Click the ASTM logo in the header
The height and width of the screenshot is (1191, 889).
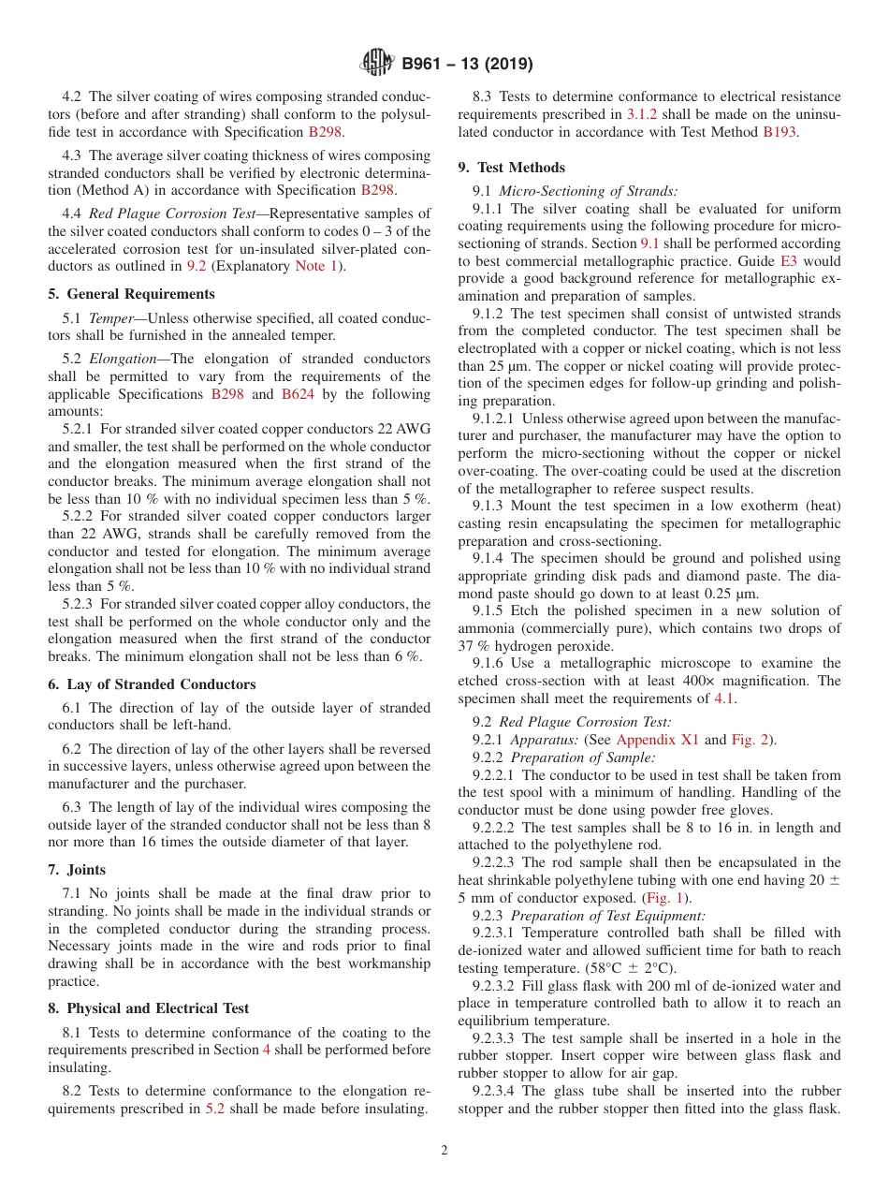coord(376,64)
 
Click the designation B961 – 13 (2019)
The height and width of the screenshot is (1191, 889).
coord(467,65)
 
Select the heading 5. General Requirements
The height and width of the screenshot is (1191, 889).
coord(131,294)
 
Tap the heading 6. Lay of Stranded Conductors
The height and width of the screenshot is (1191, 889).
coord(152,684)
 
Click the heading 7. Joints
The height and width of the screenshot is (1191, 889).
coord(77,870)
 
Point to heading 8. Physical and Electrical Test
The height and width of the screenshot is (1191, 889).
coord(148,1008)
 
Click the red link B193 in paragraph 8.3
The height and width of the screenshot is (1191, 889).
coord(780,132)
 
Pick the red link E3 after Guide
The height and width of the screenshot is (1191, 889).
coord(788,262)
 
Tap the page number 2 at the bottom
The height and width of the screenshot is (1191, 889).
coord(444,1151)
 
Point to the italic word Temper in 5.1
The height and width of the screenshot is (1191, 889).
coord(110,318)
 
